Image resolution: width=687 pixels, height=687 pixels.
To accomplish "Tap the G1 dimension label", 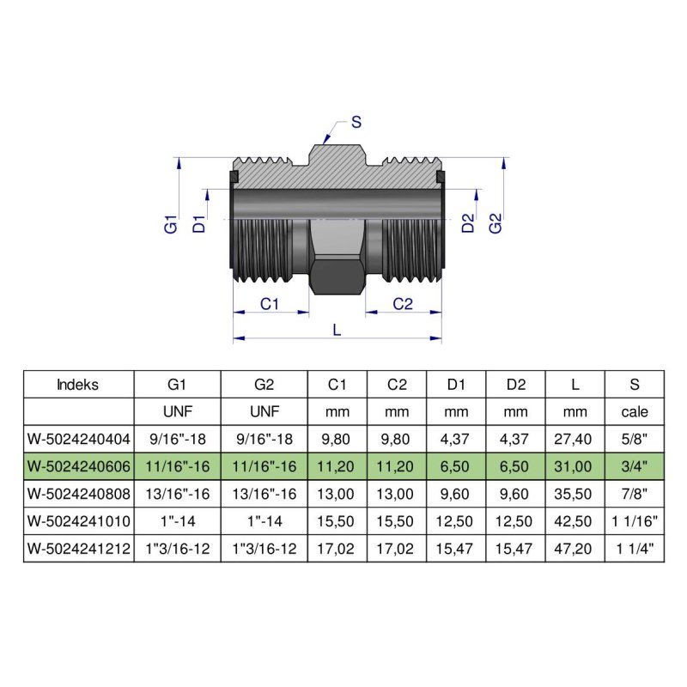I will (x=170, y=226).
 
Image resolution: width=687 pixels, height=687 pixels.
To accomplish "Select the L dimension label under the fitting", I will (x=337, y=330).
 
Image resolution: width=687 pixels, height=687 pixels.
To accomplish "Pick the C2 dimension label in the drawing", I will (x=403, y=304).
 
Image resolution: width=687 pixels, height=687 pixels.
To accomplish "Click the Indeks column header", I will (x=78, y=384).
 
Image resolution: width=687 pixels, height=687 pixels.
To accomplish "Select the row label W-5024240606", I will (x=78, y=466).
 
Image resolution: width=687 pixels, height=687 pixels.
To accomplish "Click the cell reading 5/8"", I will (x=635, y=439).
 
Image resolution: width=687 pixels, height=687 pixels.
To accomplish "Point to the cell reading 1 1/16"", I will (x=635, y=521).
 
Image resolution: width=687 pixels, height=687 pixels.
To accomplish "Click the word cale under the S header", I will (x=635, y=411).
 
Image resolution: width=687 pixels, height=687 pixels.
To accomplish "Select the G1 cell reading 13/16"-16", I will (x=177, y=494).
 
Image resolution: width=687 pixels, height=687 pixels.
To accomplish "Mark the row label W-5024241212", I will (x=78, y=549).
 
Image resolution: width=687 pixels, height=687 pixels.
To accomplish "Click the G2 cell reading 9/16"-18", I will (x=264, y=439).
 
